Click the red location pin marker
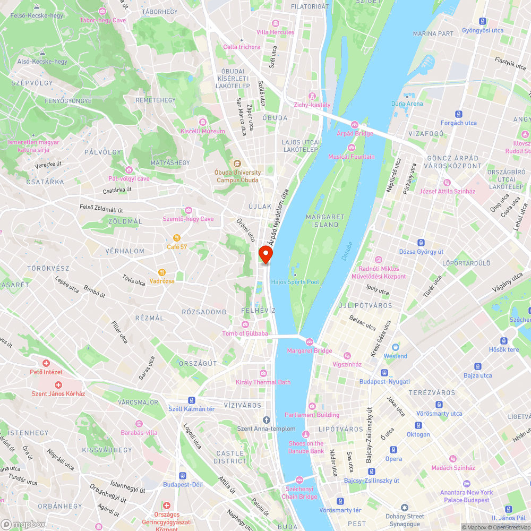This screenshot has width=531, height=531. coord(265,254)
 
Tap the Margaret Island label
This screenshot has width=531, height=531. coord(326,221)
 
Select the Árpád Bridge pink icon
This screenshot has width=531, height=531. coord(355,124)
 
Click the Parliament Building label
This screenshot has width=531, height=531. coord(312,415)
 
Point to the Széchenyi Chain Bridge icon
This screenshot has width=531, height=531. coord(299,479)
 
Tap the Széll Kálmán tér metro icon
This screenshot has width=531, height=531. coord(191,400)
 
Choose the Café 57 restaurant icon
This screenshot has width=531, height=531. coord(177,238)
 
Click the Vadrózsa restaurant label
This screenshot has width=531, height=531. coord(162,281)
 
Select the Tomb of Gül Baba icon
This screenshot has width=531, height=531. coord(245,324)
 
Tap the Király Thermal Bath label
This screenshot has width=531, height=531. coord(263,382)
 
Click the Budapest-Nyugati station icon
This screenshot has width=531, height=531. coord(384,373)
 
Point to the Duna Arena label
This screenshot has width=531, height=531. coord(407,104)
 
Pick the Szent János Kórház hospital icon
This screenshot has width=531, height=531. coord(58,384)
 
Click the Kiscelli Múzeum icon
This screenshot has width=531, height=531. coord(202,122)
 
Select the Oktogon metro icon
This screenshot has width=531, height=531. coord(418,425)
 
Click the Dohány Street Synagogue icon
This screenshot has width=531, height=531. coord(405,508)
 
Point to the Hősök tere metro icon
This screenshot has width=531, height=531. coord(504,340)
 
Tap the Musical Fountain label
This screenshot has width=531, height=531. coord(351,157)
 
